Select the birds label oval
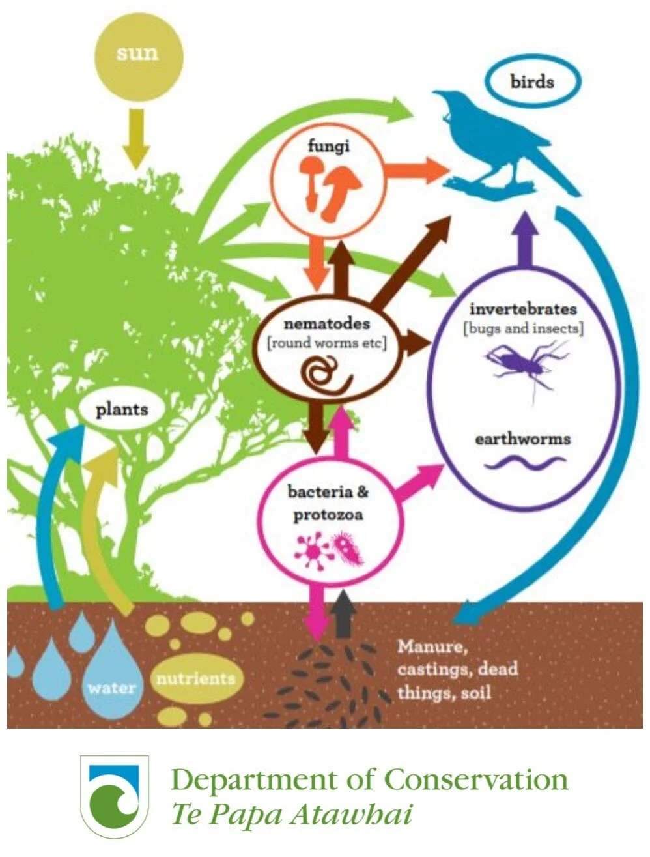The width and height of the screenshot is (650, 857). tap(532, 83)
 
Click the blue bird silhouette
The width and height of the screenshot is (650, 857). tap(502, 143)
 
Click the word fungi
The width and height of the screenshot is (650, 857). tap(328, 145)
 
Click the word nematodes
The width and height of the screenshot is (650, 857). tap(327, 323)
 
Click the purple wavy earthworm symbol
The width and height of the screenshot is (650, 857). tap(524, 463)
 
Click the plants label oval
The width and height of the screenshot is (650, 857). tap(122, 410)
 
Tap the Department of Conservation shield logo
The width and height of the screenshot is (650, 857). tap(114, 796)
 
